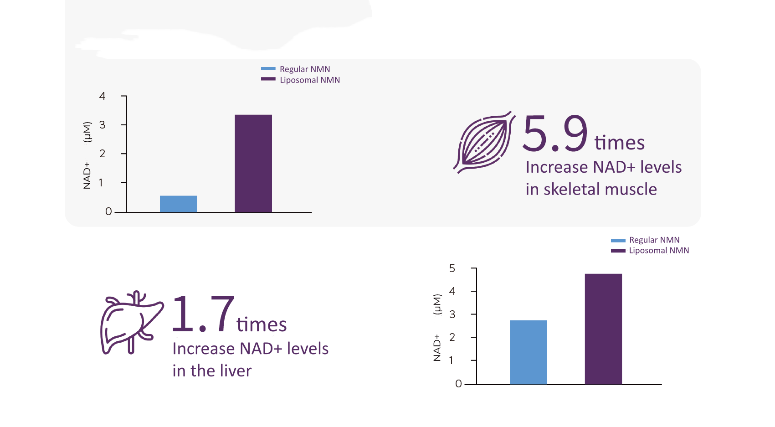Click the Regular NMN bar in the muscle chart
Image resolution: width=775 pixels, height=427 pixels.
[178, 204]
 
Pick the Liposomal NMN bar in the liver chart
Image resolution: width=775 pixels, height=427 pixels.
[603, 329]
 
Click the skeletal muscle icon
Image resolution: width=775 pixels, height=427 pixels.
[484, 142]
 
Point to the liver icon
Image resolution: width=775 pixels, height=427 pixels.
[131, 323]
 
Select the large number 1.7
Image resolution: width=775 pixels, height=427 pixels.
[203, 314]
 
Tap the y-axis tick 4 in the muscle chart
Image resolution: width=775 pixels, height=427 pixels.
[102, 96]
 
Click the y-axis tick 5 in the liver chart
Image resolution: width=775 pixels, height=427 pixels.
[452, 268]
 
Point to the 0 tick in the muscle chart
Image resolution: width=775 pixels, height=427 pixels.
[108, 211]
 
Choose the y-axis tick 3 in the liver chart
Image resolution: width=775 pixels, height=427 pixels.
[452, 314]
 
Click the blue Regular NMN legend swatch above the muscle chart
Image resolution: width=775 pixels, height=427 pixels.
[268, 69]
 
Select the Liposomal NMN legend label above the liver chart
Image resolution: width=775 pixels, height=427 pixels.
[659, 251]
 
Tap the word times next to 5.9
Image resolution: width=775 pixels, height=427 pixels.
[619, 143]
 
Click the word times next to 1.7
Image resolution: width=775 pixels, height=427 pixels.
[262, 325]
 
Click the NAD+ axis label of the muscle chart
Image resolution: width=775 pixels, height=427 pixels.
[87, 175]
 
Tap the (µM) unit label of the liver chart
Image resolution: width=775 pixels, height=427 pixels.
[437, 304]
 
